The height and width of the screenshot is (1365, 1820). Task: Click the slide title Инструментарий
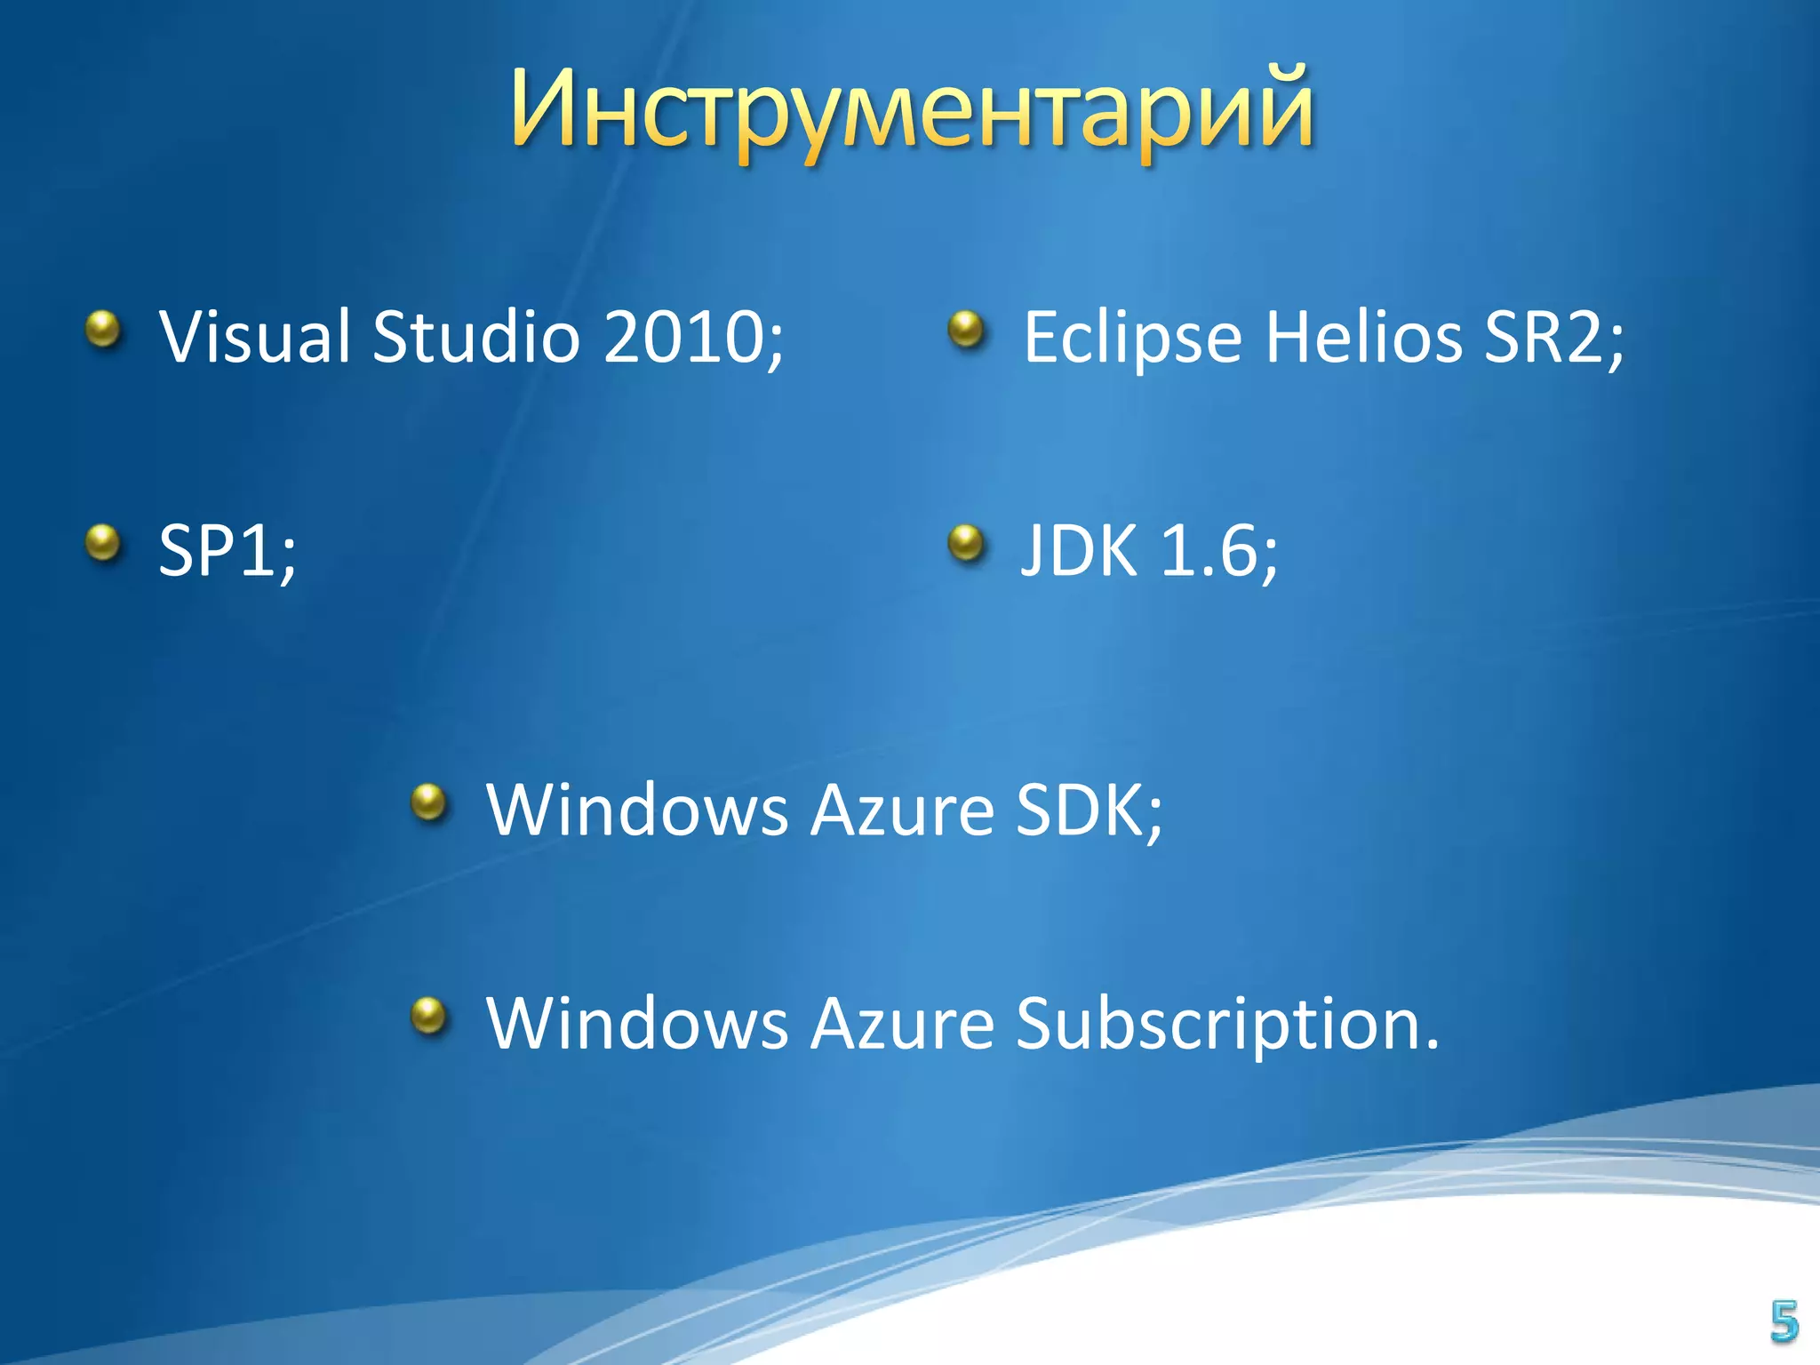click(x=912, y=111)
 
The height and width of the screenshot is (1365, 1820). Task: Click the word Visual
click(x=254, y=338)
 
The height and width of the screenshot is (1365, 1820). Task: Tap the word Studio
click(x=475, y=338)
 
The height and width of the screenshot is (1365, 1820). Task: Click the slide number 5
click(x=1784, y=1321)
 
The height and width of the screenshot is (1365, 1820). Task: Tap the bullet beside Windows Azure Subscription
click(x=430, y=1015)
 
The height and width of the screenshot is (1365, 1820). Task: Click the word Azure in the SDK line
click(x=901, y=810)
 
